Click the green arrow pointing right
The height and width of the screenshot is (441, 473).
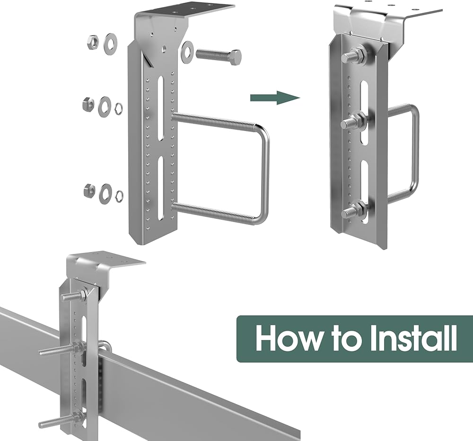(x=275, y=98)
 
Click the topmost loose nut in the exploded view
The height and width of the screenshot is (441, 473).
(x=91, y=42)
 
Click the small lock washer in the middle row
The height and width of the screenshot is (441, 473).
(x=119, y=108)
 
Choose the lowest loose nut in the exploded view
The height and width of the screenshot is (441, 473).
(x=89, y=190)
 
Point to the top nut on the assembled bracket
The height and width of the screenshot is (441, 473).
(x=359, y=54)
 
